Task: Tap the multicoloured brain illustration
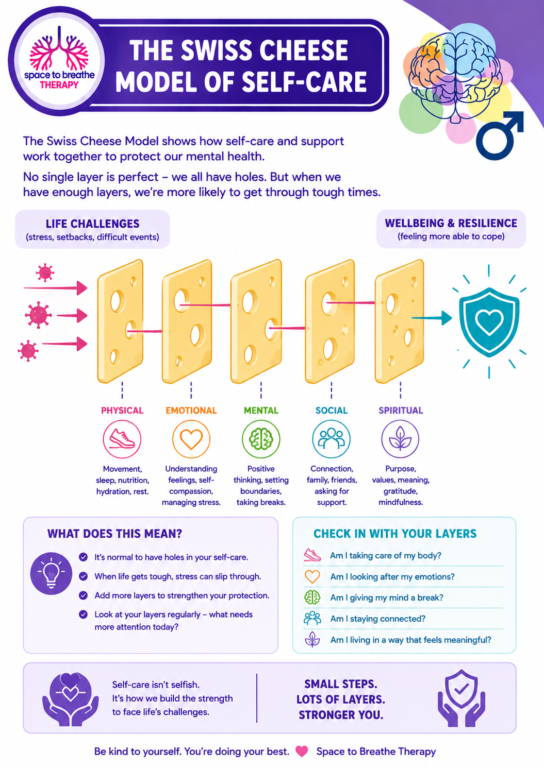click(456, 77)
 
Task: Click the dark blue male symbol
click(500, 135)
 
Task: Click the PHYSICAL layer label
click(122, 411)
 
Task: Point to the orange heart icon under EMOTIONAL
click(191, 439)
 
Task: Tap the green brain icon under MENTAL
click(261, 439)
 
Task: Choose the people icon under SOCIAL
click(331, 439)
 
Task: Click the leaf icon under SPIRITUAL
click(400, 439)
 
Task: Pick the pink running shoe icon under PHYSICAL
click(122, 439)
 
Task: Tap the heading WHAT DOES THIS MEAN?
click(114, 534)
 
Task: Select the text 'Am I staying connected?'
click(377, 619)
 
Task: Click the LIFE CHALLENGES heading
click(93, 224)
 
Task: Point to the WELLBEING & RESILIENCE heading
click(451, 223)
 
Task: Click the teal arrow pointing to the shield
click(432, 318)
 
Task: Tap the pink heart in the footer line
click(302, 752)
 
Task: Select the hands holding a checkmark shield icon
click(461, 698)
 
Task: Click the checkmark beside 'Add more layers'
click(83, 595)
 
